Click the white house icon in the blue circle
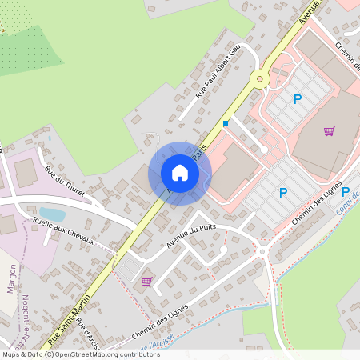(180, 173)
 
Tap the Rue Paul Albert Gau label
(218, 72)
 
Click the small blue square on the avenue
(226, 123)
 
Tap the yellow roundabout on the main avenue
(259, 78)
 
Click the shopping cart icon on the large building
(329, 131)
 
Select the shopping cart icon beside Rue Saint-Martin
(146, 281)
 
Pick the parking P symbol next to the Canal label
(346, 192)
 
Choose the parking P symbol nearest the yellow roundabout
(298, 99)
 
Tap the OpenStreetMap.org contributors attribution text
(103, 354)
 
